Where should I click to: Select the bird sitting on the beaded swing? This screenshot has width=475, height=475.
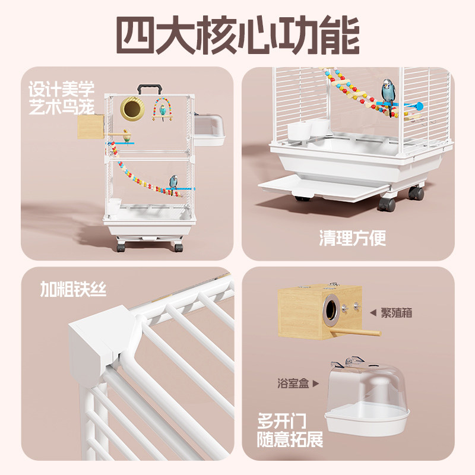click(x=161, y=111)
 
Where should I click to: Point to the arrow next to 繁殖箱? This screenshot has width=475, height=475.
click(x=373, y=313)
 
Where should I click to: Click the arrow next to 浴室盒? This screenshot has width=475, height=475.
click(x=315, y=384)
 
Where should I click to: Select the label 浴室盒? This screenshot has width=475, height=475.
click(x=292, y=384)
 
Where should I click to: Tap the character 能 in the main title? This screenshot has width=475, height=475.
click(x=337, y=36)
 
